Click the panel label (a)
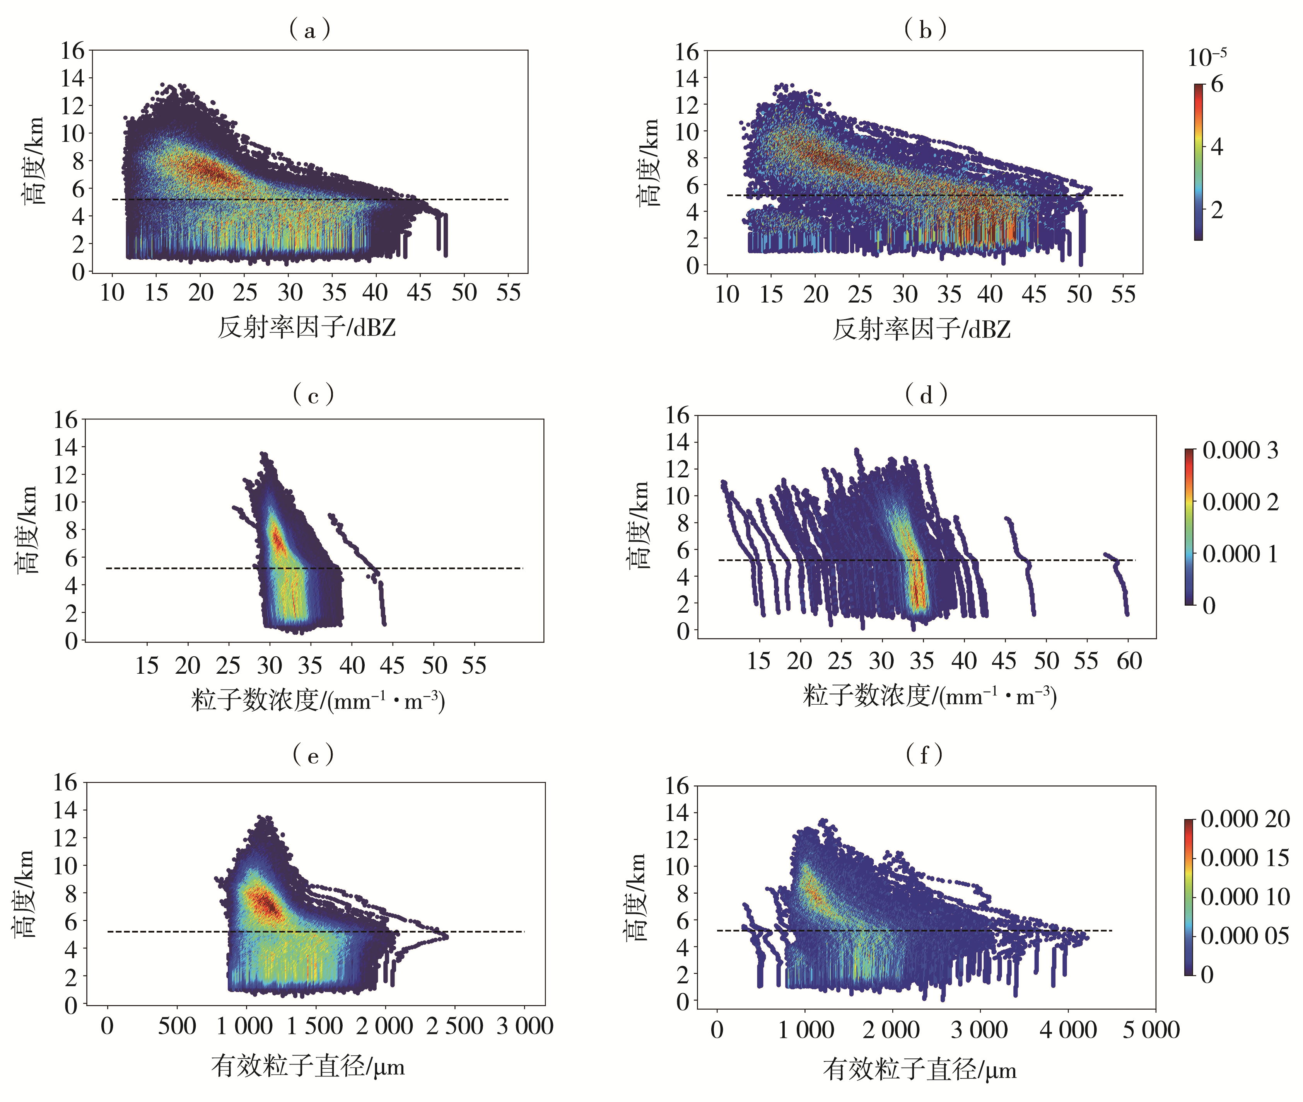coord(310,29)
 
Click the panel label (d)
coord(926,395)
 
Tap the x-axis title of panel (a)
coord(307,327)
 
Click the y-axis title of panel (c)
coord(26,530)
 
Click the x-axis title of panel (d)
coord(929,696)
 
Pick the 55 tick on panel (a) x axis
coord(508,292)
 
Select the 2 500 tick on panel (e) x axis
coord(454,1026)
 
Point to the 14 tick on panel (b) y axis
coord(687,78)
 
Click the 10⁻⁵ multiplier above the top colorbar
coord(1207,58)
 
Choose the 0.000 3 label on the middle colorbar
coord(1240,450)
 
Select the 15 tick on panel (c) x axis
coord(147,665)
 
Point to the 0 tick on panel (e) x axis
coord(108,1026)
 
